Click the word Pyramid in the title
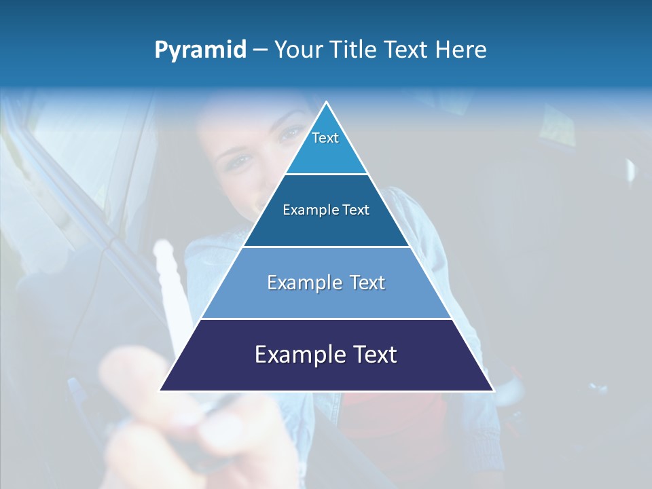pyautogui.click(x=200, y=50)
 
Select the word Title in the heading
pyautogui.click(x=357, y=50)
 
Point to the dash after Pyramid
pyautogui.click(x=259, y=50)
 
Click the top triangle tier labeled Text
pyautogui.click(x=326, y=146)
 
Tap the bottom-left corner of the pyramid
pyautogui.click(x=161, y=390)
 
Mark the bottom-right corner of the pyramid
pyautogui.click(x=492, y=390)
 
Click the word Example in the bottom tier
pyautogui.click(x=297, y=355)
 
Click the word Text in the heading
pyautogui.click(x=405, y=50)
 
